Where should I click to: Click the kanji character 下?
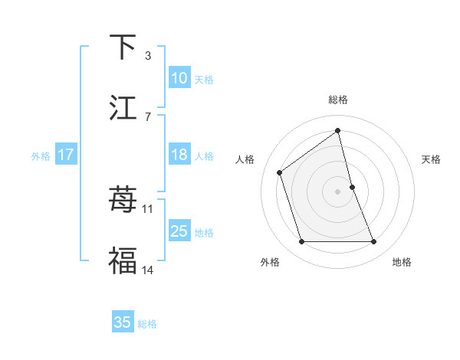point(123,47)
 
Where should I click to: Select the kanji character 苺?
point(123,201)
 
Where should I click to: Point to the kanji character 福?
point(123,260)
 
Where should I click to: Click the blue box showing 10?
point(179,78)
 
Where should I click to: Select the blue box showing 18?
point(179,155)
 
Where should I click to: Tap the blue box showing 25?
point(179,231)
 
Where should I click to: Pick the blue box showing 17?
point(65,155)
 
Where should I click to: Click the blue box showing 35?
point(123,322)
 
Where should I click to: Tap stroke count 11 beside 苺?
point(148,208)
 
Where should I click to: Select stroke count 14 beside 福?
point(148,269)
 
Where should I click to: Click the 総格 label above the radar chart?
point(338,100)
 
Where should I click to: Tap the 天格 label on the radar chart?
point(432,159)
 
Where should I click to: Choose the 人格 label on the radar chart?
point(245,159)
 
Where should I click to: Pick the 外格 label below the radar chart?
point(270,262)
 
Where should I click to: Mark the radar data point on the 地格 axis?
point(374,242)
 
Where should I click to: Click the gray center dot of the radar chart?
point(338,191)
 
